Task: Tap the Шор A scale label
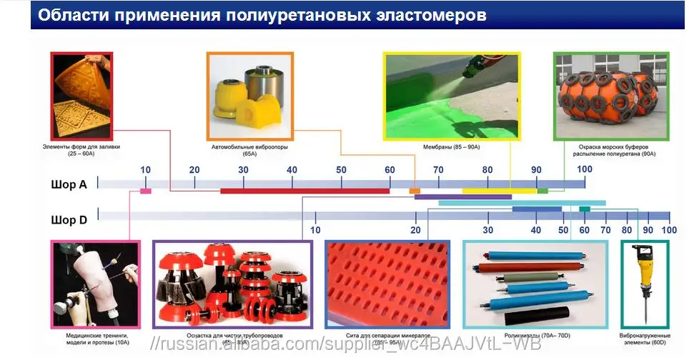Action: click(x=69, y=184)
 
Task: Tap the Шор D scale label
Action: click(x=69, y=219)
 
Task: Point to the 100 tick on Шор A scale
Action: click(x=585, y=169)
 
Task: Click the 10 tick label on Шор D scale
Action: click(x=315, y=230)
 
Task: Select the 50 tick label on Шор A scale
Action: click(x=341, y=169)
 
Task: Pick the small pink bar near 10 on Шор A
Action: click(x=146, y=191)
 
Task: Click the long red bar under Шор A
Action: click(x=304, y=191)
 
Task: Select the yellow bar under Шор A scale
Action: click(x=499, y=191)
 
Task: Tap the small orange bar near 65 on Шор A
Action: click(x=415, y=191)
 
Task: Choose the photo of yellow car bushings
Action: click(x=249, y=96)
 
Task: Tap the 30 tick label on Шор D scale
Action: click(x=488, y=230)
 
